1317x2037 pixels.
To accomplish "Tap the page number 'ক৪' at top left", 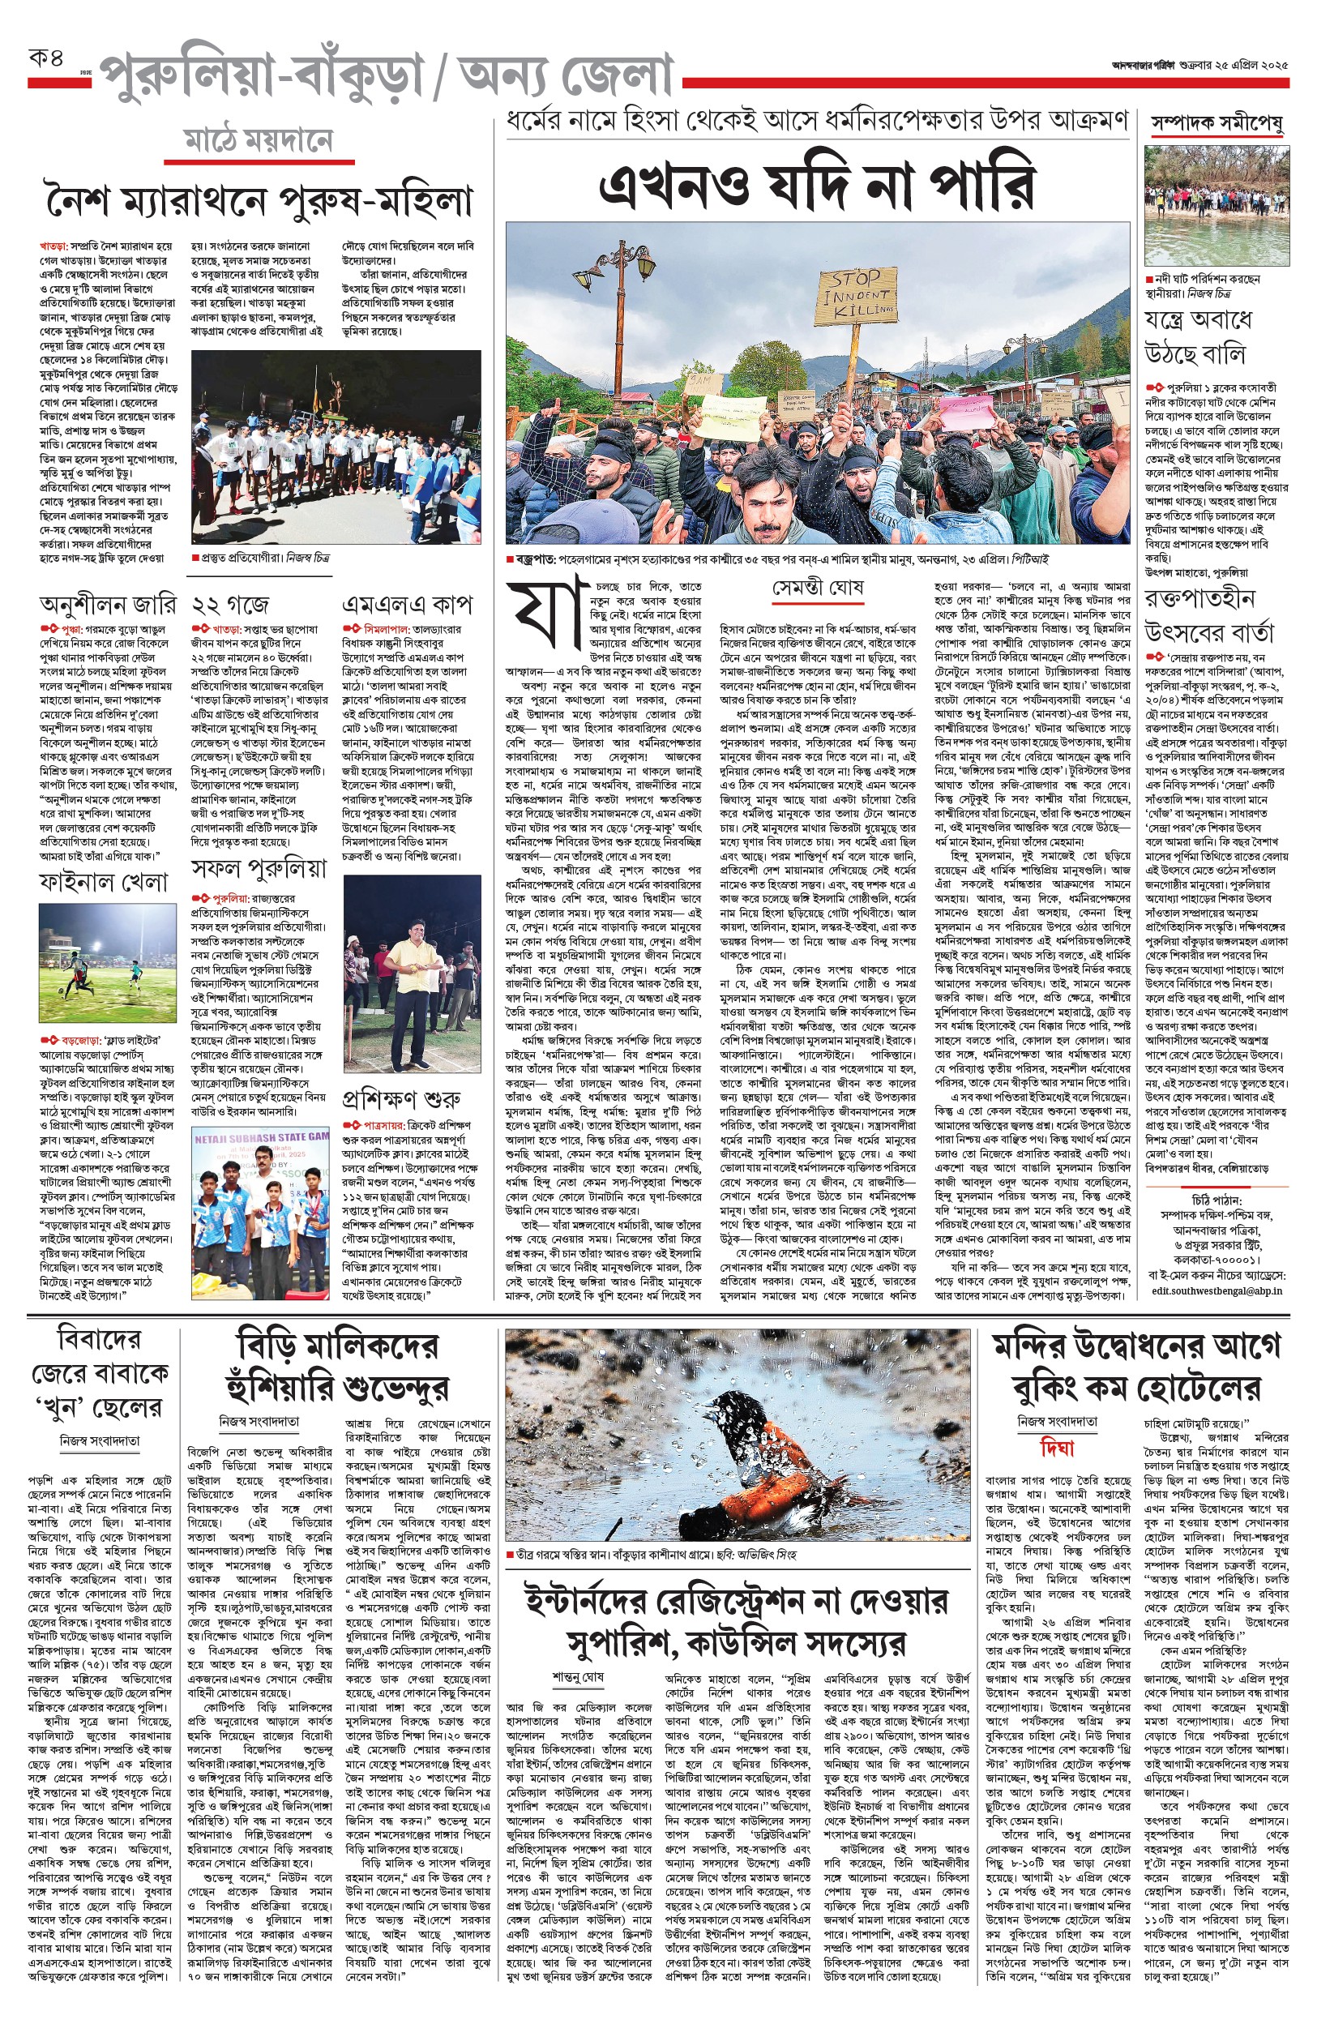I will pyautogui.click(x=46, y=60).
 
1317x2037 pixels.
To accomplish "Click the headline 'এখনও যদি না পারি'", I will pyautogui.click(x=817, y=182).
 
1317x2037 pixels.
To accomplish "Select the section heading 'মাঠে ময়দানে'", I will pyautogui.click(x=259, y=142).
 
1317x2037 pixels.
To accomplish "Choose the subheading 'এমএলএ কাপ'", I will pyautogui.click(x=407, y=606).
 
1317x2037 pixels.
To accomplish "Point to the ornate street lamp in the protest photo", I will pyautogui.click(x=622, y=291).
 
